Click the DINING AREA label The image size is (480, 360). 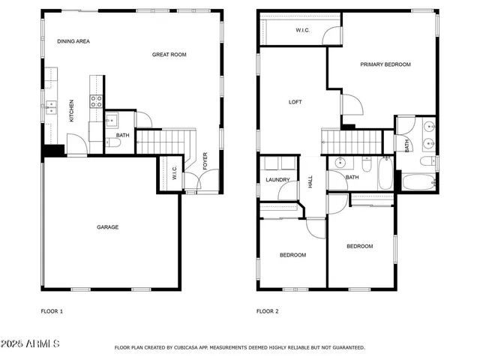73,41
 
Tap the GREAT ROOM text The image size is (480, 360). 169,54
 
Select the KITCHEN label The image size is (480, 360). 72,111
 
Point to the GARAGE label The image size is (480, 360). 107,226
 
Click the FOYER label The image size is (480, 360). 205,161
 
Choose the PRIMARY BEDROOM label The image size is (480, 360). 385,64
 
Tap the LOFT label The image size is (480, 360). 295,102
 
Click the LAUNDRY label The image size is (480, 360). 277,180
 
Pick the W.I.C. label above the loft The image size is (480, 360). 303,31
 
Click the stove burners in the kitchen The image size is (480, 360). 97,100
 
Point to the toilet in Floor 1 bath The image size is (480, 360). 113,143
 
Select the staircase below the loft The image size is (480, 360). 349,139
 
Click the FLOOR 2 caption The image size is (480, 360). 267,310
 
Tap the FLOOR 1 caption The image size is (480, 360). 51,310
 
